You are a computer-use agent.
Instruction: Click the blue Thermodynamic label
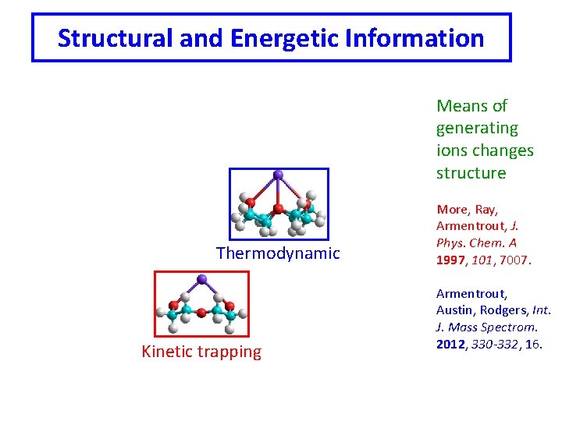pyautogui.click(x=278, y=253)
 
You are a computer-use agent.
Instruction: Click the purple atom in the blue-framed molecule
pyautogui.click(x=279, y=175)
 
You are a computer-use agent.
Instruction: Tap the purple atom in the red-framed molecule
pyautogui.click(x=202, y=278)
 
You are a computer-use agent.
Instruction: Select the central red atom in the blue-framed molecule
pyautogui.click(x=279, y=209)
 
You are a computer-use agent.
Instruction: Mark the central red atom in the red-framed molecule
pyautogui.click(x=202, y=312)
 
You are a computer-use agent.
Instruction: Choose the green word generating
pyautogui.click(x=477, y=128)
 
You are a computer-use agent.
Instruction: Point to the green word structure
pyautogui.click(x=471, y=173)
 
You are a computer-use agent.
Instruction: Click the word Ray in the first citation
pyautogui.click(x=486, y=209)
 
